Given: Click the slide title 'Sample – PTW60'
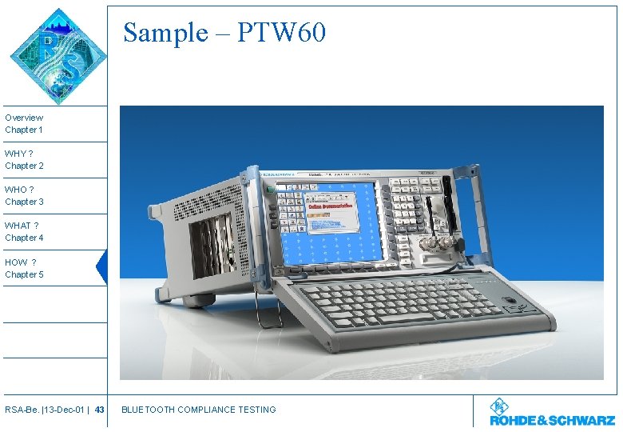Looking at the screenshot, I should (224, 33).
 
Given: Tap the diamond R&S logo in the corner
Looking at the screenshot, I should (58, 56).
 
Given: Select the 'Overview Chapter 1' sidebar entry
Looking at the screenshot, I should (24, 123).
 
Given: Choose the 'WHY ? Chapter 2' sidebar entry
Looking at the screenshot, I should (24, 159).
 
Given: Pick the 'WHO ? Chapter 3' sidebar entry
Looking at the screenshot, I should (24, 196).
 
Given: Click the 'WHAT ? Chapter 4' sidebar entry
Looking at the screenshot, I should (24, 232).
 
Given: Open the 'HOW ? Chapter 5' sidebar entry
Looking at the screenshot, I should (24, 268).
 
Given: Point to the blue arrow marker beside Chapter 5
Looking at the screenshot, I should (101, 267).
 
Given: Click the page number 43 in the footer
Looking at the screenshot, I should (99, 410).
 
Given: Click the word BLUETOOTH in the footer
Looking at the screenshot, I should (148, 410).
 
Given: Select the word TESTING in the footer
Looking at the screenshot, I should (256, 410).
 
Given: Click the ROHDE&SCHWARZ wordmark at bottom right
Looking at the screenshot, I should (552, 419).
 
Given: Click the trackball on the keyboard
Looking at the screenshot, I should (508, 301).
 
